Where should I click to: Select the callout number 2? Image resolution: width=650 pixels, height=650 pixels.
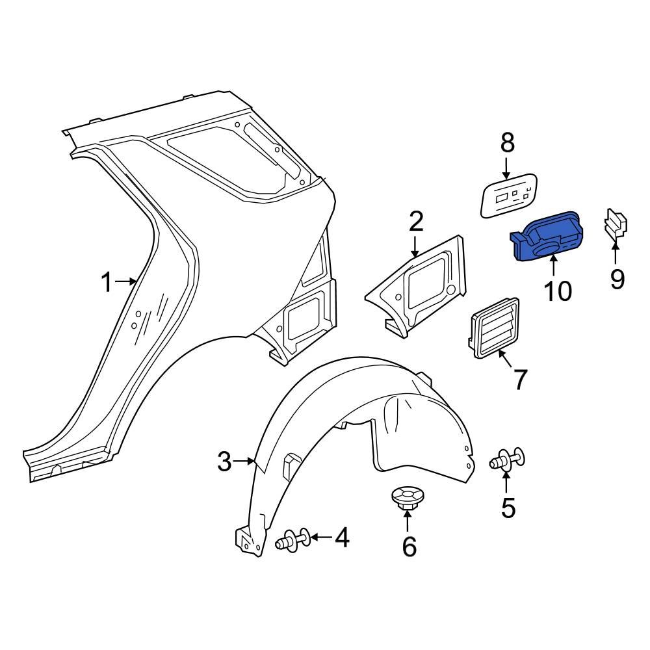coord(416,222)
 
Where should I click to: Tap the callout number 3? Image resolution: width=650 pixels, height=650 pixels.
coord(224,462)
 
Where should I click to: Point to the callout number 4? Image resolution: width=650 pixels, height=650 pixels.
coord(342,538)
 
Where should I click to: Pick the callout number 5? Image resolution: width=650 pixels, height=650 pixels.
coord(508,507)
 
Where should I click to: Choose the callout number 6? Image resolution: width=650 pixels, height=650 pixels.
coord(409,547)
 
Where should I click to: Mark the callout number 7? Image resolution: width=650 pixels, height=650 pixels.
coord(520,380)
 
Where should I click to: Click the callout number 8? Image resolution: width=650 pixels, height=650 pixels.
coord(507,142)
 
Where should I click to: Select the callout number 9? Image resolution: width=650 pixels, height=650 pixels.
coord(617,279)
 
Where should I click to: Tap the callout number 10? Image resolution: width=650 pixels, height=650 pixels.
coord(558,291)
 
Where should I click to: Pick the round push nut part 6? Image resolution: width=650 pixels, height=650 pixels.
coord(407,498)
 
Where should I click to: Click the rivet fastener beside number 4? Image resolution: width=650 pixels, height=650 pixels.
coord(293,539)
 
